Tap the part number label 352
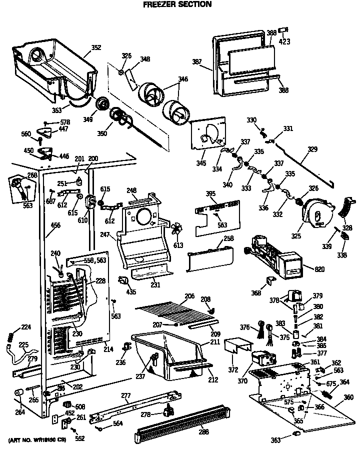[96, 48]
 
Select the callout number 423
[284, 42]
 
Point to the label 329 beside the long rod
[312, 149]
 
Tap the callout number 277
[125, 396]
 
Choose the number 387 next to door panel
[197, 62]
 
